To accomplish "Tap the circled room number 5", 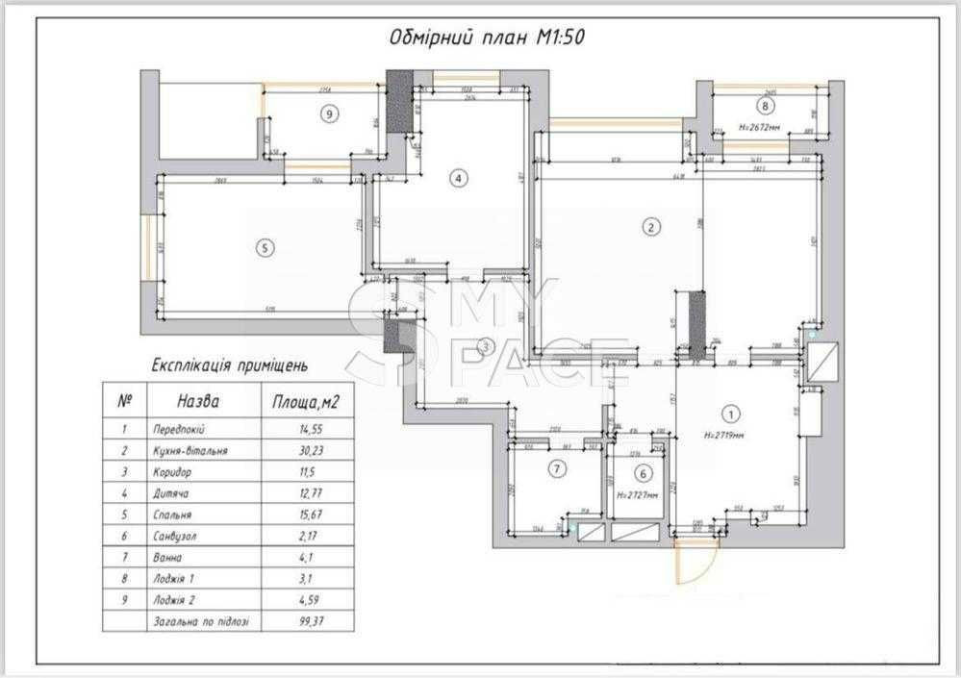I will (266, 247).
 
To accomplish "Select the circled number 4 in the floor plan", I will (459, 178).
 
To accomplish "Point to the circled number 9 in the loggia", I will (329, 113).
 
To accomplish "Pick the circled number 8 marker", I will (765, 106).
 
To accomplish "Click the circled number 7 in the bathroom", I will (556, 469).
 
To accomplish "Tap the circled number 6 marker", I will (643, 472).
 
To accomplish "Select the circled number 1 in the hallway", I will (731, 414).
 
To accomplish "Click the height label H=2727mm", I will (637, 496).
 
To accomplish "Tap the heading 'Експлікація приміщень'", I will (230, 365).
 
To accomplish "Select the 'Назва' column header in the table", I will (198, 400).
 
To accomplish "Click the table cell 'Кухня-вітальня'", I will (190, 449).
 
